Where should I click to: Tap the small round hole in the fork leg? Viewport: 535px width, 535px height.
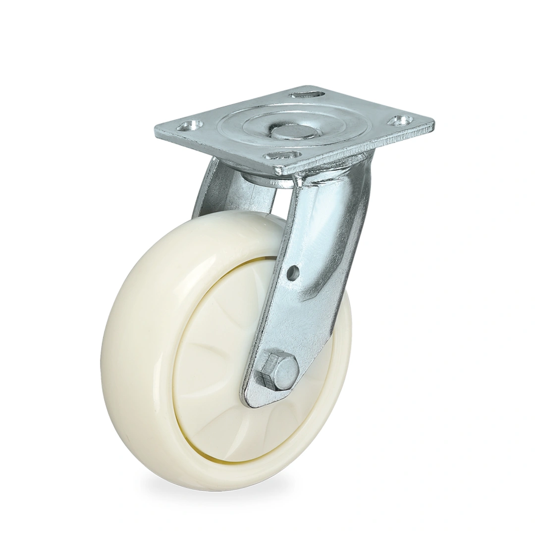tap(293, 272)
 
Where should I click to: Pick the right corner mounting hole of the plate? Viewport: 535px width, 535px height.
tap(400, 120)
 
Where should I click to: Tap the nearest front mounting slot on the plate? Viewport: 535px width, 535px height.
tap(282, 156)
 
